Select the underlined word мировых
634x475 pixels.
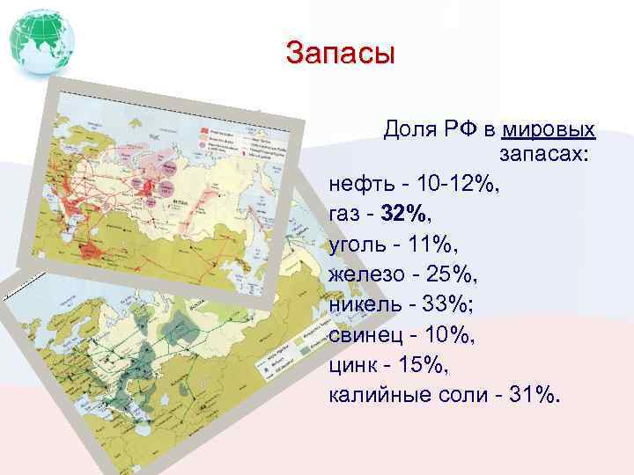point(549,130)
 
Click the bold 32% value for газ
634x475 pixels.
point(407,214)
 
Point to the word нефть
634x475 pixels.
point(359,185)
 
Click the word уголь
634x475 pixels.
point(358,244)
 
